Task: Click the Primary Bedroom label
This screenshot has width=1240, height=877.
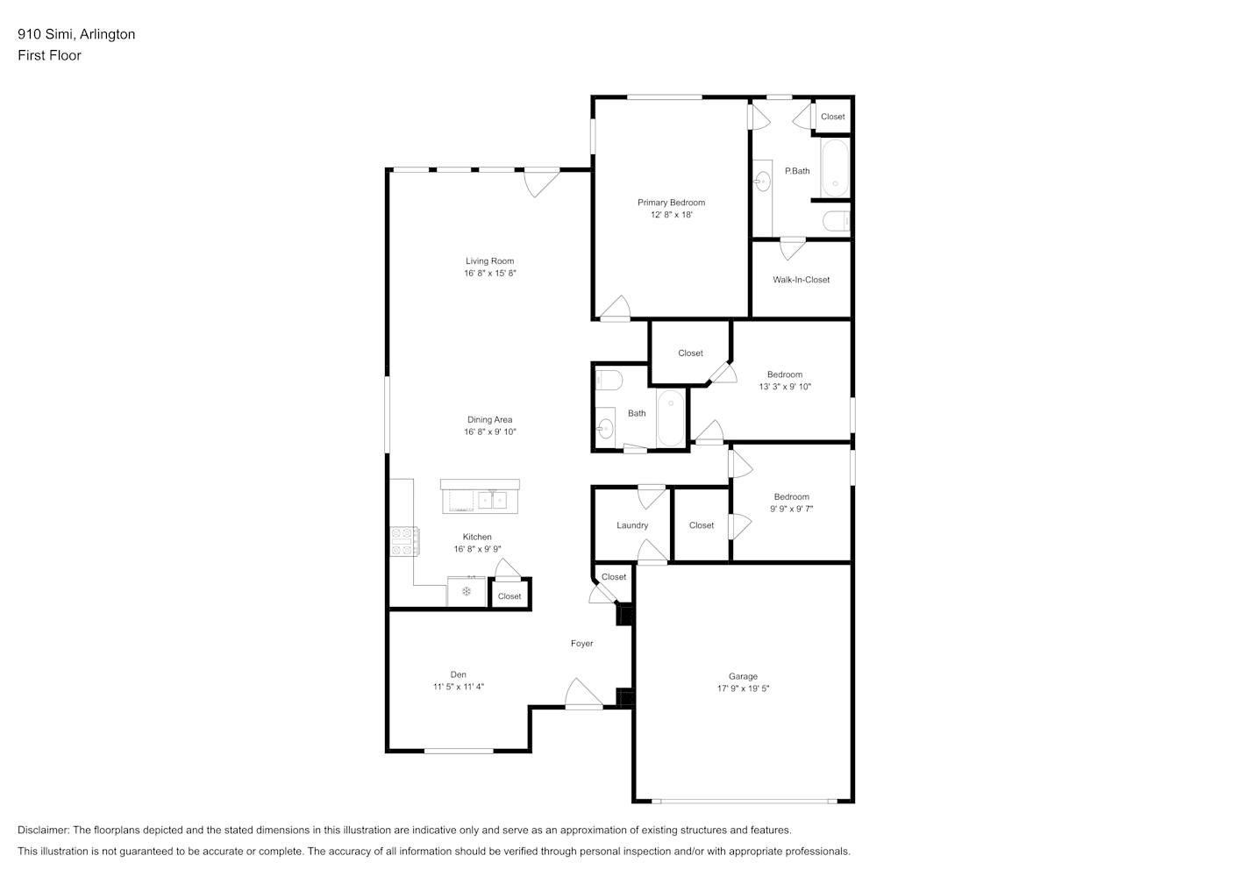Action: coord(671,203)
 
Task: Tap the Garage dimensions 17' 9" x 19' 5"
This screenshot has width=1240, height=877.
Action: coord(743,688)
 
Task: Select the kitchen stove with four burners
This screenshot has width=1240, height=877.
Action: coord(404,541)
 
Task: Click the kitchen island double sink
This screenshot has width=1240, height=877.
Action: coord(492,500)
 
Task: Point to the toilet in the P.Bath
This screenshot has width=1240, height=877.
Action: coord(836,221)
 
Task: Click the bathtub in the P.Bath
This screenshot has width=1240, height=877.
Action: coord(835,168)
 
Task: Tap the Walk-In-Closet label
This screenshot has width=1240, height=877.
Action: coord(801,280)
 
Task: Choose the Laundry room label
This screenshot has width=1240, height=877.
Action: coord(632,525)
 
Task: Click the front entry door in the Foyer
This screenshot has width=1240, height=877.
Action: coord(583,694)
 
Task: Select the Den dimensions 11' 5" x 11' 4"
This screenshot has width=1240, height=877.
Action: coord(459,687)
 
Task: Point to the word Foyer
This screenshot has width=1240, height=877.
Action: coord(581,644)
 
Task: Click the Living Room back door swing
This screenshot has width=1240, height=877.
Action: coord(542,182)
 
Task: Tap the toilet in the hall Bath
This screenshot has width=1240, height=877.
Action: coord(609,381)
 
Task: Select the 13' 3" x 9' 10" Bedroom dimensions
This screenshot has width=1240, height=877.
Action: coord(784,387)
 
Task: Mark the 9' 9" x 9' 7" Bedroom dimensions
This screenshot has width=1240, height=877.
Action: coord(791,509)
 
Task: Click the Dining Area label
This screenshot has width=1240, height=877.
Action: coord(489,420)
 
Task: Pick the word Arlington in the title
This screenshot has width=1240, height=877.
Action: coord(107,34)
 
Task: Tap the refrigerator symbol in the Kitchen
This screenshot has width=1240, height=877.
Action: coord(467,591)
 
